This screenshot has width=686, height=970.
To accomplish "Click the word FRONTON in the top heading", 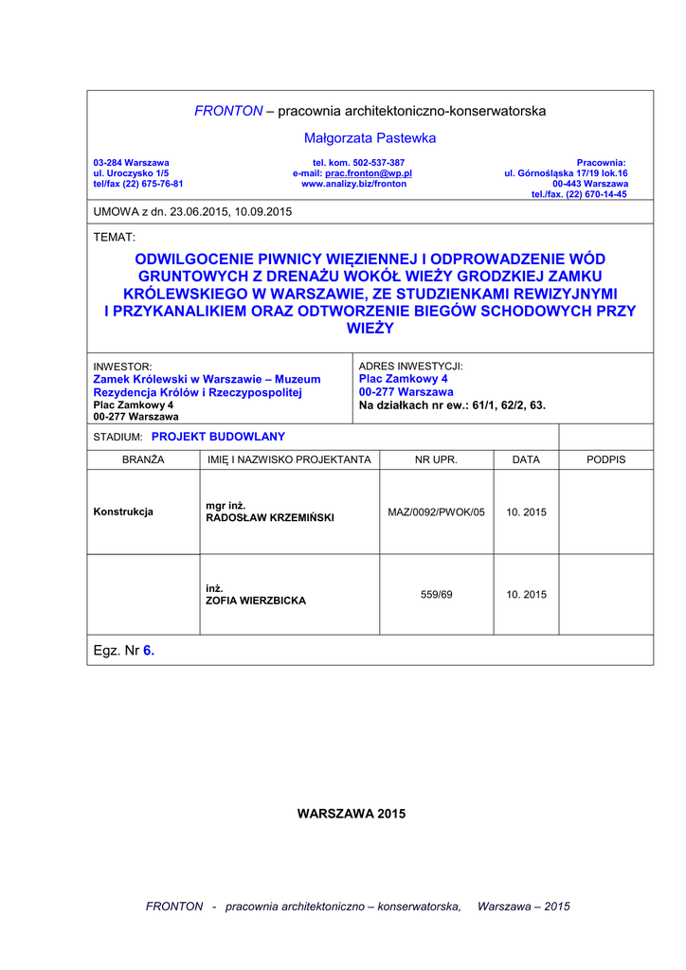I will coord(228,111).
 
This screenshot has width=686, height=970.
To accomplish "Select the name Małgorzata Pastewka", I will coord(370,138).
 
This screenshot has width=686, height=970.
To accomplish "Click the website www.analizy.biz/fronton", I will coord(353,184).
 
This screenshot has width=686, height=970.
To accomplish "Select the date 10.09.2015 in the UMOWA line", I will coord(270,212).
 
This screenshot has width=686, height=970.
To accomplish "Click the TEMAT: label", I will coord(115,237).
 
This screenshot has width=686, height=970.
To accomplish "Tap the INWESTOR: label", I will coord(122,366).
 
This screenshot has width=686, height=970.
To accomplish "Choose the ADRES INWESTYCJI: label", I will coord(410,366).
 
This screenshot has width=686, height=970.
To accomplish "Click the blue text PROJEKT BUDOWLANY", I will coord(218,437).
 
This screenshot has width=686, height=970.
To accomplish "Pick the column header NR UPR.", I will coord(436,459).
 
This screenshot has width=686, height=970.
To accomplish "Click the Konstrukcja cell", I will coord(123,512).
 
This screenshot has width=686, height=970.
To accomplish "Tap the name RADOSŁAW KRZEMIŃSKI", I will coord(270,518).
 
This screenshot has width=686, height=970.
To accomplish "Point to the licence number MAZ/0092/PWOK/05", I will coord(436,512).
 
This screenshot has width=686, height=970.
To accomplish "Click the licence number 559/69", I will coord(436,594).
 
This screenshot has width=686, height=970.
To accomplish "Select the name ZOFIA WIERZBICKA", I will coord(256,601).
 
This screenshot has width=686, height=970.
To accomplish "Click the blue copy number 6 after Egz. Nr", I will coord(149,651).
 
